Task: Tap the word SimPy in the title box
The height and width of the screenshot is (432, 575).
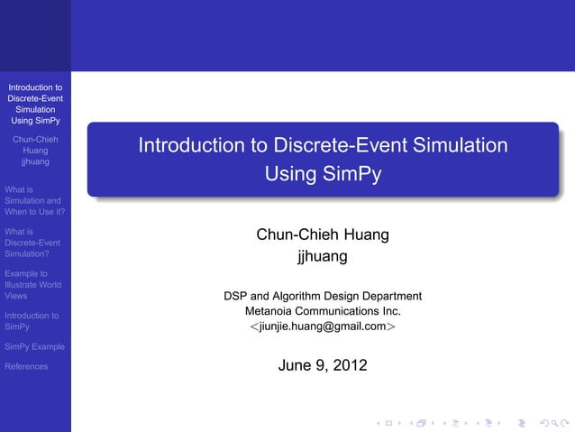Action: [x=353, y=175]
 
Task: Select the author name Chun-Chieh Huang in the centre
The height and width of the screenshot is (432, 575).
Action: [x=323, y=235]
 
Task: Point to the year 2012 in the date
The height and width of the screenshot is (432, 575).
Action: [x=350, y=365]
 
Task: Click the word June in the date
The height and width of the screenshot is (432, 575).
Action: [x=297, y=365]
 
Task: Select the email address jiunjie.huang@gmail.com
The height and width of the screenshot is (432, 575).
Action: [x=323, y=326]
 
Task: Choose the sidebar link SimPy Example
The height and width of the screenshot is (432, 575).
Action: [x=33, y=346]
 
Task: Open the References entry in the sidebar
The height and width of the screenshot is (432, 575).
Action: [x=26, y=366]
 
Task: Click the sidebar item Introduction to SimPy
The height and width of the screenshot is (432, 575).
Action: [x=32, y=321]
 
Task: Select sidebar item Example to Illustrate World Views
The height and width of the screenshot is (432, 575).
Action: [x=32, y=284]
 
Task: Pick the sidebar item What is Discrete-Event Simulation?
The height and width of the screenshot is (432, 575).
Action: [x=32, y=243]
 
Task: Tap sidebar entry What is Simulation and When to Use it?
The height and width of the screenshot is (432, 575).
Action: [x=32, y=201]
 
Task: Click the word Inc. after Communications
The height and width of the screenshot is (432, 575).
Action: [x=388, y=311]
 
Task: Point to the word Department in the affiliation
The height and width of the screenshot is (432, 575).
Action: [x=389, y=295]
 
